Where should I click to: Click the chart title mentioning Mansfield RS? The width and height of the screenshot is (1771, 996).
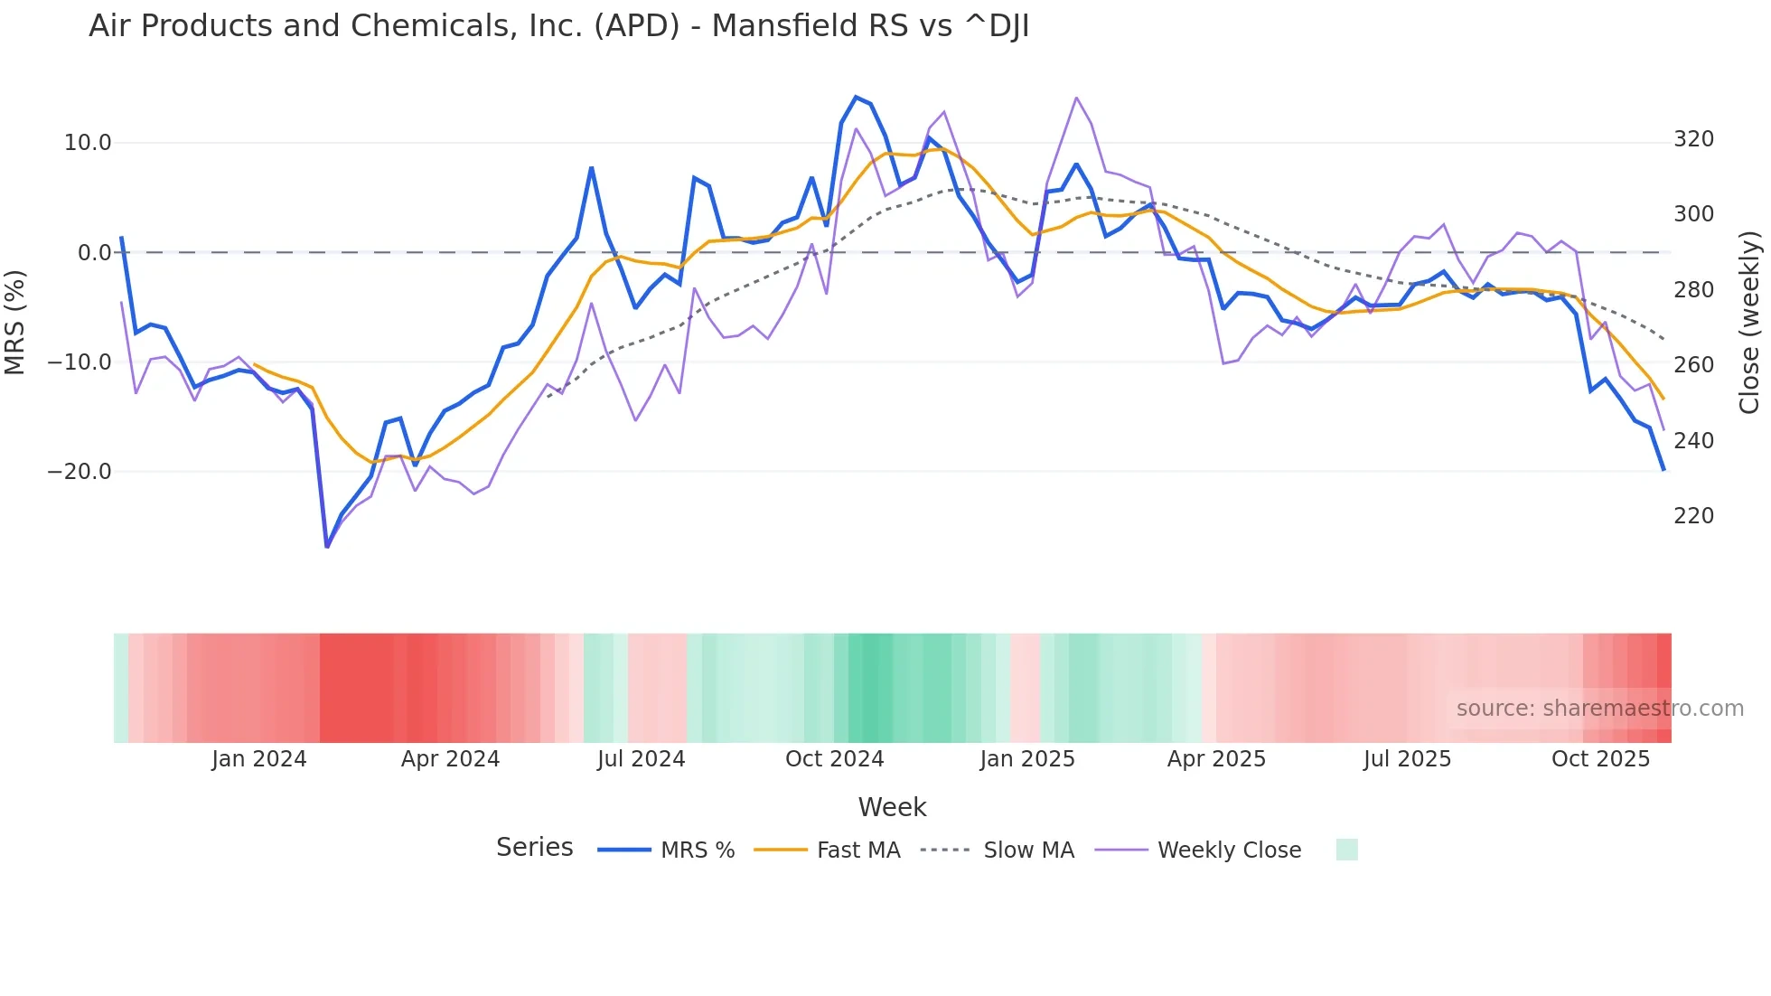pos(558,26)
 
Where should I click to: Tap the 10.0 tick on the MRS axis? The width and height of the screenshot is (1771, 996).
pos(88,143)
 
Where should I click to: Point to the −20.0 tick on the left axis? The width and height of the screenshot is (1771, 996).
pos(80,472)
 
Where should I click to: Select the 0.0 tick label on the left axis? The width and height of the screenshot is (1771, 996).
pos(95,253)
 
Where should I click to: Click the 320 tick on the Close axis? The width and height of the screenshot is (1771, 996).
pos(1693,139)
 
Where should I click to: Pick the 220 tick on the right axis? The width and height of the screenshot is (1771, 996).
pos(1693,516)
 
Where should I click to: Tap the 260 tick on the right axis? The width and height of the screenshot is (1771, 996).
pos(1693,365)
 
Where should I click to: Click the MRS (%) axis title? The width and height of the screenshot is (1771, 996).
pos(15,323)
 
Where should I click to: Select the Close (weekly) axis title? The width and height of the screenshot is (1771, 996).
pos(1749,323)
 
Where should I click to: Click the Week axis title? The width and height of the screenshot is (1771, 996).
pos(892,807)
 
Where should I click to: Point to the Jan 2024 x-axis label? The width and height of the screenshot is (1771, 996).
pos(259,759)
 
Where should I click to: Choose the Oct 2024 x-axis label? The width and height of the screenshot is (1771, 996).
pos(834,759)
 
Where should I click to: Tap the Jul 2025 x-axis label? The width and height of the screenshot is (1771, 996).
pos(1407,759)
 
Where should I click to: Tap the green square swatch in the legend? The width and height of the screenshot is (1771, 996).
pos(1346,850)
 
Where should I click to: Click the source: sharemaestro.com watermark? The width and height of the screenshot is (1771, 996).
pos(1599,709)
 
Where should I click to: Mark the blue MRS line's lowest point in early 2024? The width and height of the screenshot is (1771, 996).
pos(327,546)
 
